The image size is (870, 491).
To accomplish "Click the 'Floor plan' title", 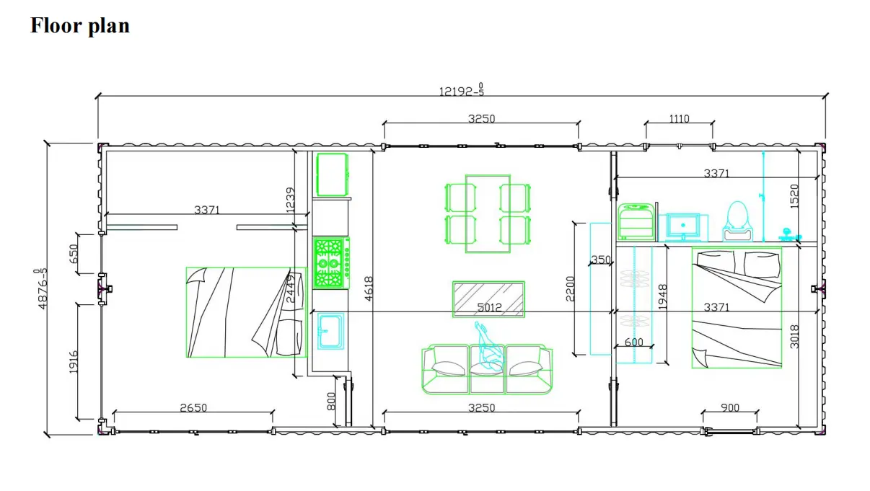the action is tap(80, 26).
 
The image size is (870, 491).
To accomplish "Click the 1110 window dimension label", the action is tap(679, 119).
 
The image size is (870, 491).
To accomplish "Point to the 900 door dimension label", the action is tap(730, 407).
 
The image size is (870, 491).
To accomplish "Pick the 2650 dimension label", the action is tap(193, 407).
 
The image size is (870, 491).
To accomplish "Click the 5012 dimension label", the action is tap(489, 307).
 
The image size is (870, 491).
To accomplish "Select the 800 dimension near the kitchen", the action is tap(331, 402).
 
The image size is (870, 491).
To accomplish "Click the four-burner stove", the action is tap(331, 263).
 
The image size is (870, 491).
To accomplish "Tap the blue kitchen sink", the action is tap(330, 331).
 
